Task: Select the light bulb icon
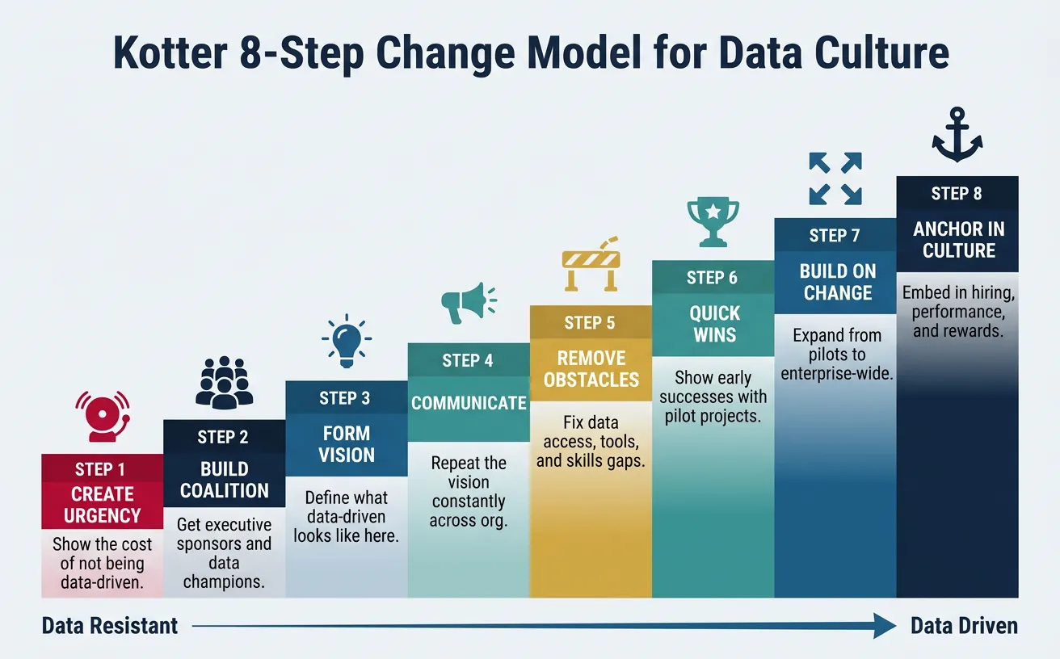[x=347, y=339]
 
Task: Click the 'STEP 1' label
[x=101, y=469]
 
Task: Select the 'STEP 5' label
[x=590, y=323]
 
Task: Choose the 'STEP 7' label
[x=835, y=236]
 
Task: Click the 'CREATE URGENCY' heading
[x=103, y=505]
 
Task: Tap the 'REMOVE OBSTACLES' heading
[x=591, y=368]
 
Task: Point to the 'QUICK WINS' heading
[x=713, y=323]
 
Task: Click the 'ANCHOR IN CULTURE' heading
[x=958, y=239]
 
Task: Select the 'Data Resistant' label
[x=110, y=626]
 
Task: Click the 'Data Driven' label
[x=964, y=626]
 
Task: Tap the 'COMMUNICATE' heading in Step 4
[x=469, y=402]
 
